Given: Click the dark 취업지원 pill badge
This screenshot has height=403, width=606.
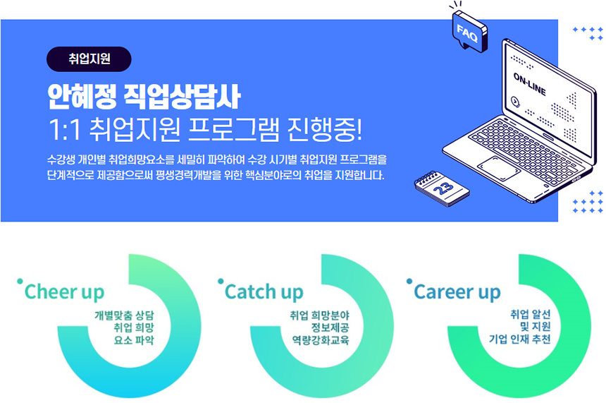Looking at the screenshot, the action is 89,59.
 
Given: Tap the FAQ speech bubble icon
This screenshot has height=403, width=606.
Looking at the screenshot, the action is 469,31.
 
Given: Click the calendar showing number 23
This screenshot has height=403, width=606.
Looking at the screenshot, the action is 442,188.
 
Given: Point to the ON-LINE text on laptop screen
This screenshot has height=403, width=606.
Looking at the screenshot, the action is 529,84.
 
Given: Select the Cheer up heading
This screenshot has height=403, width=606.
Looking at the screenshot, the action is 64,292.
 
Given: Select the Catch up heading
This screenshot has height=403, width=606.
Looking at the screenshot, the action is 264,292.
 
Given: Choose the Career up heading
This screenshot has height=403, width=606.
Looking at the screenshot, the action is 457,292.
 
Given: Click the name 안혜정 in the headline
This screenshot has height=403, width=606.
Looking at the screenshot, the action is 82,97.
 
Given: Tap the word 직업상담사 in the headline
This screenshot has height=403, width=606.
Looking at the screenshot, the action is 183,97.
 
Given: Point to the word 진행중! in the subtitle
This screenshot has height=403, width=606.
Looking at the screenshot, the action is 325,129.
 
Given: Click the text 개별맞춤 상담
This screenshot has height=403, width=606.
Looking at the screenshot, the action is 124,315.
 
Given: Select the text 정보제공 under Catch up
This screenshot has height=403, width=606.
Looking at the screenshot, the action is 330,328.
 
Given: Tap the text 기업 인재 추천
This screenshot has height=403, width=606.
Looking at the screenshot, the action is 520,339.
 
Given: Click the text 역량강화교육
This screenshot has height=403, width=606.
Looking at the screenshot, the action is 321,340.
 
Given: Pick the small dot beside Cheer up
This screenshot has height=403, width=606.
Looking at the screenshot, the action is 20,282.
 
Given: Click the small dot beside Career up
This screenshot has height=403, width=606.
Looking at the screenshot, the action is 409,281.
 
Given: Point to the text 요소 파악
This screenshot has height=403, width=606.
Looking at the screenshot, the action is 134,340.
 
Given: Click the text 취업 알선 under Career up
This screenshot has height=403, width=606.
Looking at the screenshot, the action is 530,314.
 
